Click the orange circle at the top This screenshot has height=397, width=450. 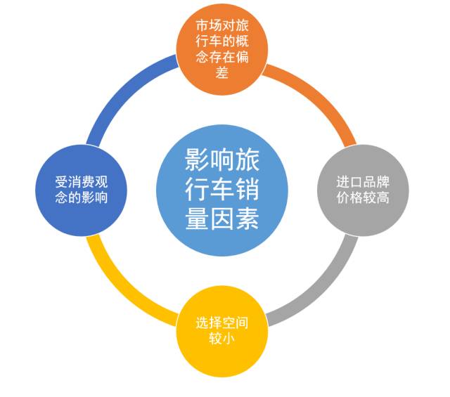222,49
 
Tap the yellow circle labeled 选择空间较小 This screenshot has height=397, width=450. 222,331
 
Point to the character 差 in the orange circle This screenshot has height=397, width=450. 222,72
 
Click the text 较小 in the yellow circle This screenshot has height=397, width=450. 222,339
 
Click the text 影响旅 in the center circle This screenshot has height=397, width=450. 222,160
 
